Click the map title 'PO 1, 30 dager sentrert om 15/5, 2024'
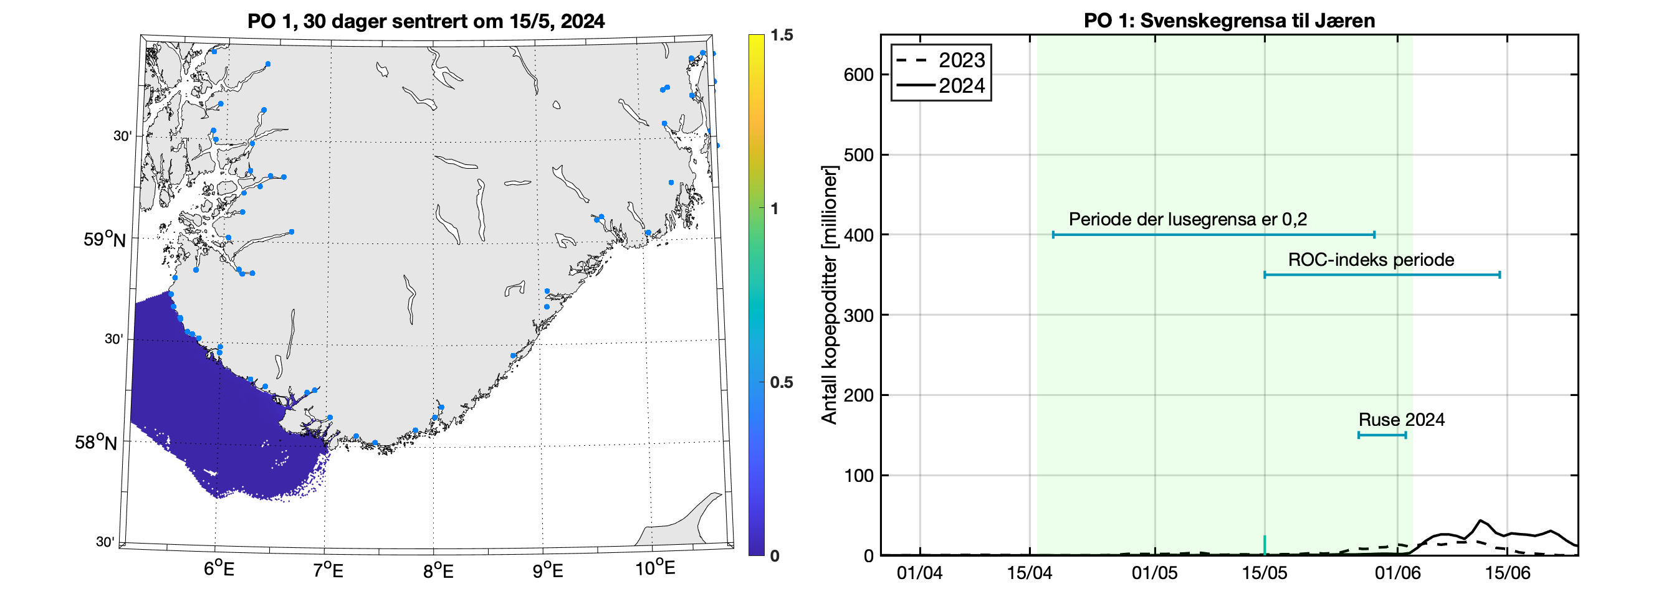click(426, 21)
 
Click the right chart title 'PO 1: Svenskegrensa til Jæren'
click(1229, 21)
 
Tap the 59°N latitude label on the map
click(104, 239)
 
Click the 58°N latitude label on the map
click(96, 442)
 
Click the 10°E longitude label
click(655, 568)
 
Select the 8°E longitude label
click(438, 570)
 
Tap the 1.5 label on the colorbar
click(781, 35)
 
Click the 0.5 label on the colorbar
click(781, 382)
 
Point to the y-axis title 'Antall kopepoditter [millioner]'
click(830, 295)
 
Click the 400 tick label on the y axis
click(858, 235)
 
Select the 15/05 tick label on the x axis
click(1264, 573)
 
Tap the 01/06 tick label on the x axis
click(1397, 573)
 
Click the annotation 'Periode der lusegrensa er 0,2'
click(1187, 220)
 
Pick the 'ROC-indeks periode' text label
click(1371, 260)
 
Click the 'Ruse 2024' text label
click(1401, 420)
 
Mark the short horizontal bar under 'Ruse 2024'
click(1382, 435)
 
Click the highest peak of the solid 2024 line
click(1480, 521)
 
